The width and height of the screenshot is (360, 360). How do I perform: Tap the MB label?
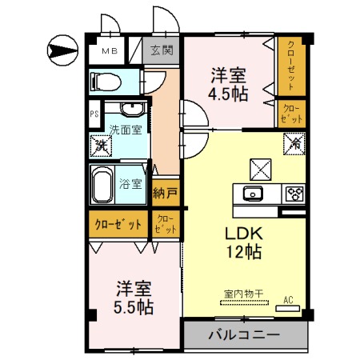coord(110,52)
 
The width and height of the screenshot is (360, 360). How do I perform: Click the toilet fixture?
coord(105,80)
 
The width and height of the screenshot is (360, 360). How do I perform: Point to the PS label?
coord(94,114)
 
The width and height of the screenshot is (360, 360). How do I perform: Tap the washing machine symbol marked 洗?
coord(101,145)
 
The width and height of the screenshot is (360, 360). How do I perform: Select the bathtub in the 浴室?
coord(102,186)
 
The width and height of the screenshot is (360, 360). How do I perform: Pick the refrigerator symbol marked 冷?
coord(293,145)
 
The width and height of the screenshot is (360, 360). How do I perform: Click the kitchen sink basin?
coord(253,193)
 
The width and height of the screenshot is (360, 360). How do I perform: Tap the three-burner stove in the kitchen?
coord(294,193)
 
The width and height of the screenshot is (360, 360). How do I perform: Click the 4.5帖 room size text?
coord(229,94)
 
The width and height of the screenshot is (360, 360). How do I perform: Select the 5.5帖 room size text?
coord(134,306)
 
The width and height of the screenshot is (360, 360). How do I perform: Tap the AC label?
coord(290,301)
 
